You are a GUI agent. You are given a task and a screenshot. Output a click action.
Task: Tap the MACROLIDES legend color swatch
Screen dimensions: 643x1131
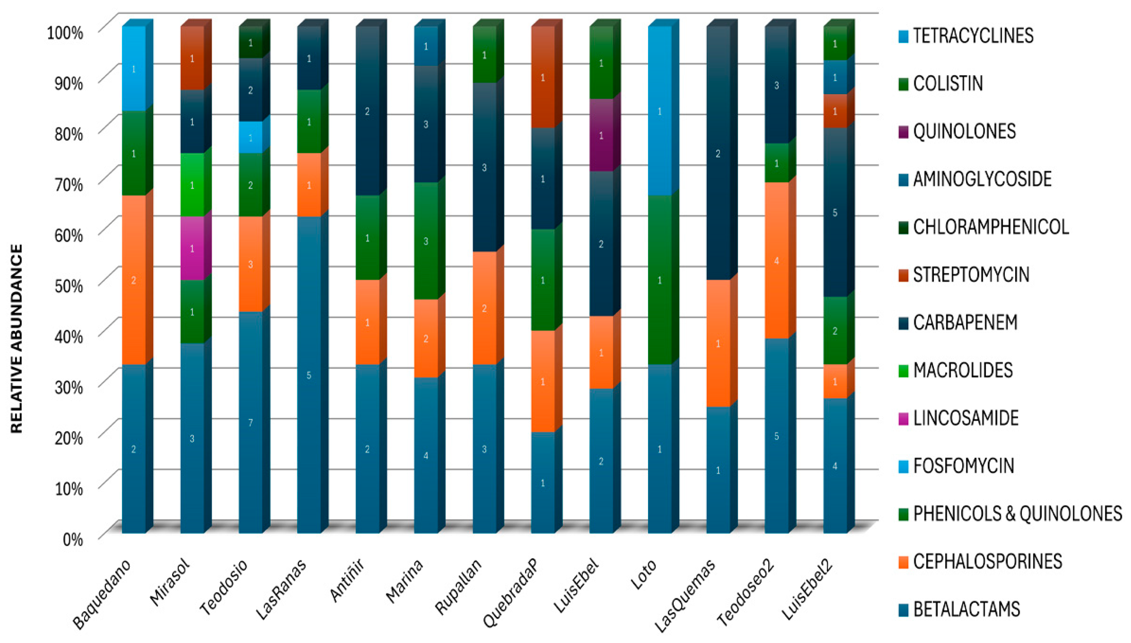903,371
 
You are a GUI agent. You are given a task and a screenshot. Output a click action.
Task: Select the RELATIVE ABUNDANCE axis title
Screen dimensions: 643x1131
16,338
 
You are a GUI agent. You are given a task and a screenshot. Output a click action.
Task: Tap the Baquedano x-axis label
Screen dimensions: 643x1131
102,594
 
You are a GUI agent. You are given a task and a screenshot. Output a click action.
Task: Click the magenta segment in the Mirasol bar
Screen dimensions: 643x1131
192,248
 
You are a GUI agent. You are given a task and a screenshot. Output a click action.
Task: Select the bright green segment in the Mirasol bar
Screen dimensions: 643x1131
192,185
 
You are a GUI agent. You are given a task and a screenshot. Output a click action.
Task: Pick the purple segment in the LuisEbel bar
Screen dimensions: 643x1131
601,135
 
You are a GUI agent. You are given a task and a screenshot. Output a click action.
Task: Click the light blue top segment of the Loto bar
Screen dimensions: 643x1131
660,111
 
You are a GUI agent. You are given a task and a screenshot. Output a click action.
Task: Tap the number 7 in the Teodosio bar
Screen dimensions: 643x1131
250,423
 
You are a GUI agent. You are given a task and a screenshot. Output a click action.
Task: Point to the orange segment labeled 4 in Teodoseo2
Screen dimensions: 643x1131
776,261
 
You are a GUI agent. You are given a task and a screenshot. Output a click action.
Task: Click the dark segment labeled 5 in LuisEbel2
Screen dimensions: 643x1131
834,213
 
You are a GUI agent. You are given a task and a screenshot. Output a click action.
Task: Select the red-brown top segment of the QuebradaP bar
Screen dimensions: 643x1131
543,77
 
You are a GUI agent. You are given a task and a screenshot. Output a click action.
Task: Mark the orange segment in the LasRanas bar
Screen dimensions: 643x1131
309,185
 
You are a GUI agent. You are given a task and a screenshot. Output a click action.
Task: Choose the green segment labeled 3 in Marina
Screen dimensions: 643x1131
426,241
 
